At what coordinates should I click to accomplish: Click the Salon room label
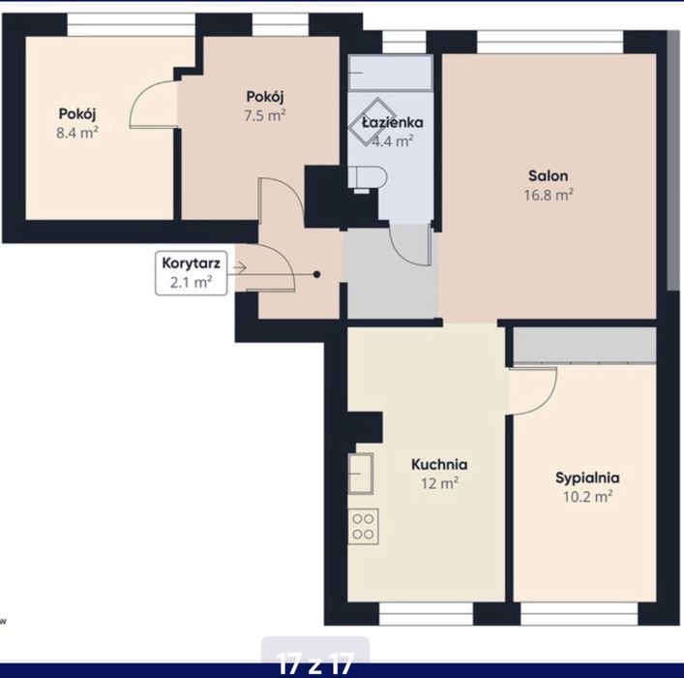pos(548,175)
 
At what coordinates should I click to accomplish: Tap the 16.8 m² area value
pos(549,195)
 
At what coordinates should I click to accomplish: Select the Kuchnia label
pos(439,464)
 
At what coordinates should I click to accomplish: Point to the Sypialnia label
pos(587,478)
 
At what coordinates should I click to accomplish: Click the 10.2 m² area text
pos(587,497)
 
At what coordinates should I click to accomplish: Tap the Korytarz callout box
pos(192,273)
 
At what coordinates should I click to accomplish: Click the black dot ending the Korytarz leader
pos(317,275)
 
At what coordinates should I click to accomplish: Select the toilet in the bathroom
pos(368,179)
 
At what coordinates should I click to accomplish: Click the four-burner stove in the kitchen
pos(363,526)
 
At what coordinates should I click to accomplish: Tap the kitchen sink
pos(361,474)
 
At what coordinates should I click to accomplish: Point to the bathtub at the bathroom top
pos(391,73)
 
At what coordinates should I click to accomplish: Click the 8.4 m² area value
pos(77,133)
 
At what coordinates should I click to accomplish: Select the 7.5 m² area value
pos(265,116)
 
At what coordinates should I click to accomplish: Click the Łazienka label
pos(392,123)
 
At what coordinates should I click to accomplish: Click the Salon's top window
pos(550,42)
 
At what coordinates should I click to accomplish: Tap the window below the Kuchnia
pos(427,613)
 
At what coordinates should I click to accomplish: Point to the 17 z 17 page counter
pos(315,663)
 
